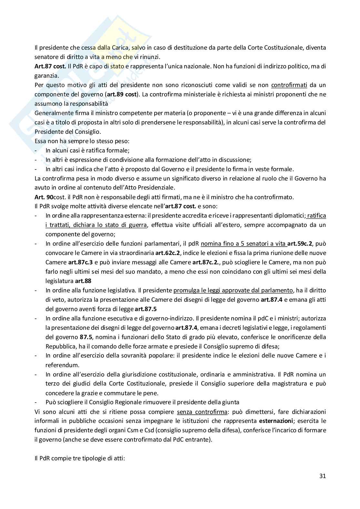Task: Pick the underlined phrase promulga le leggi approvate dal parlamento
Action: pos(233,290)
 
